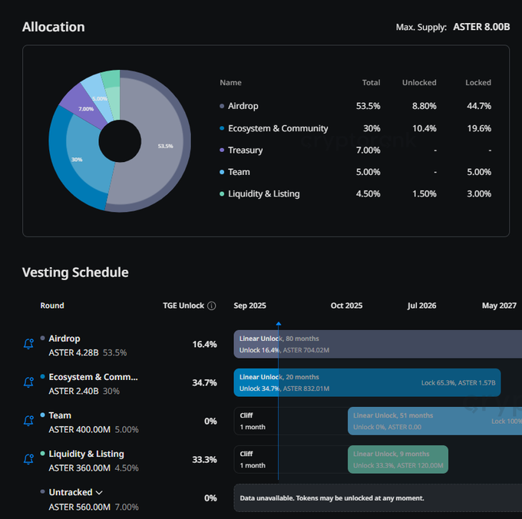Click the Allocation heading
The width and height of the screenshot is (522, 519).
pyautogui.click(x=54, y=27)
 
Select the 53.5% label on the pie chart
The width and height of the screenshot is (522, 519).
pyautogui.click(x=165, y=146)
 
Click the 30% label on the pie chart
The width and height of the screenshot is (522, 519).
pyautogui.click(x=77, y=160)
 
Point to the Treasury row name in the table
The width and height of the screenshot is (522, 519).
pyautogui.click(x=245, y=150)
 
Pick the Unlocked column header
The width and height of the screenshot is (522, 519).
pyautogui.click(x=419, y=82)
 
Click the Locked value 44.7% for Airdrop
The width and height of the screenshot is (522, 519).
pyautogui.click(x=479, y=106)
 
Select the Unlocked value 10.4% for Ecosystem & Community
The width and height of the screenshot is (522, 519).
pyautogui.click(x=425, y=128)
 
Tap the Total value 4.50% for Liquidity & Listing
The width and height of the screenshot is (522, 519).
pyautogui.click(x=368, y=193)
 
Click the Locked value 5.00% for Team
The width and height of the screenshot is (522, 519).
pyautogui.click(x=479, y=172)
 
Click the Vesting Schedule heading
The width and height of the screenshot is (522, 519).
pyautogui.click(x=75, y=273)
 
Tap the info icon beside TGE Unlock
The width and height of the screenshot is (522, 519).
pyautogui.click(x=212, y=306)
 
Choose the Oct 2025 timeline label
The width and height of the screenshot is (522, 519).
pyautogui.click(x=346, y=306)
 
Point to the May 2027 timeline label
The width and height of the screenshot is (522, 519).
pyautogui.click(x=499, y=306)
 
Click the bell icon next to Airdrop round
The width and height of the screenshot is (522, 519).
pyautogui.click(x=28, y=344)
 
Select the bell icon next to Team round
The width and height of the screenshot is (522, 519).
pyautogui.click(x=28, y=421)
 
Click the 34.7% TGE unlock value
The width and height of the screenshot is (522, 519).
pyautogui.click(x=204, y=382)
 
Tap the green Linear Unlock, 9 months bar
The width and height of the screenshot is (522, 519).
pyautogui.click(x=398, y=459)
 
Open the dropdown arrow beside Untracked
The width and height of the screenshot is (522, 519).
pyautogui.click(x=100, y=493)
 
